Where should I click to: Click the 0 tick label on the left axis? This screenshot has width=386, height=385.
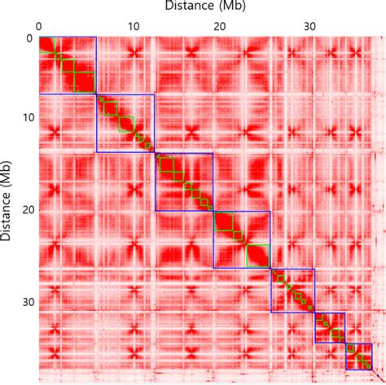[29, 38]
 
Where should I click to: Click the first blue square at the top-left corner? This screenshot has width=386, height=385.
[67, 66]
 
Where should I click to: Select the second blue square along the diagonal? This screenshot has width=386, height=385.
[125, 124]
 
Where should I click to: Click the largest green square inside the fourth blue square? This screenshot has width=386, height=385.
[257, 256]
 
